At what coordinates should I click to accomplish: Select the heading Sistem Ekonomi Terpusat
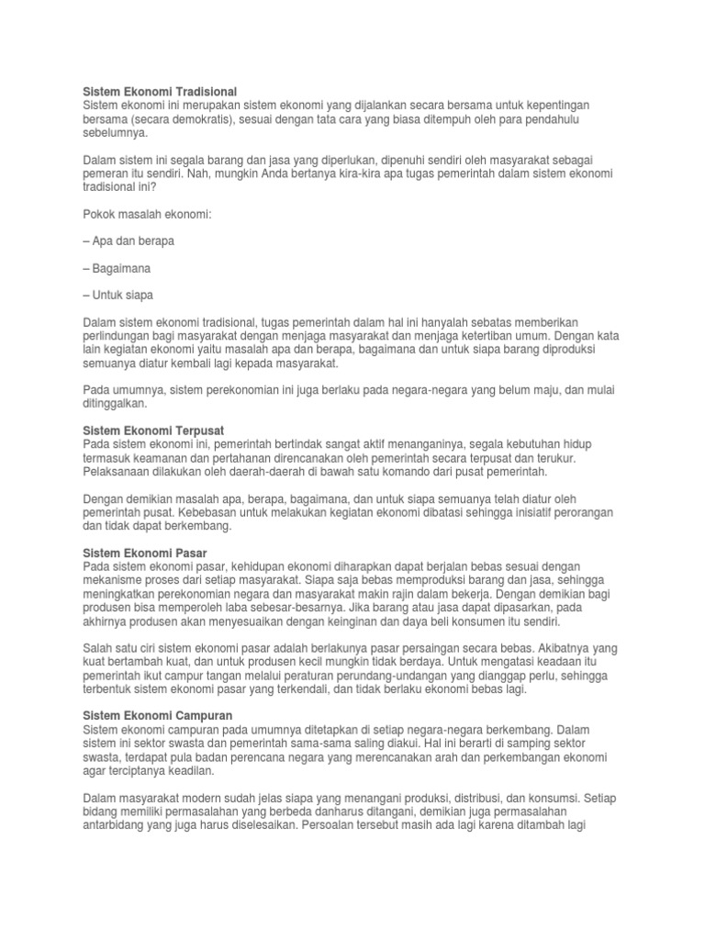153,431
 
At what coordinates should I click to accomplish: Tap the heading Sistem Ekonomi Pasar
145,554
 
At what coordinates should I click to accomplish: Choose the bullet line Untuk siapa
118,296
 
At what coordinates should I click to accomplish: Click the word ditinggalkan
113,403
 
